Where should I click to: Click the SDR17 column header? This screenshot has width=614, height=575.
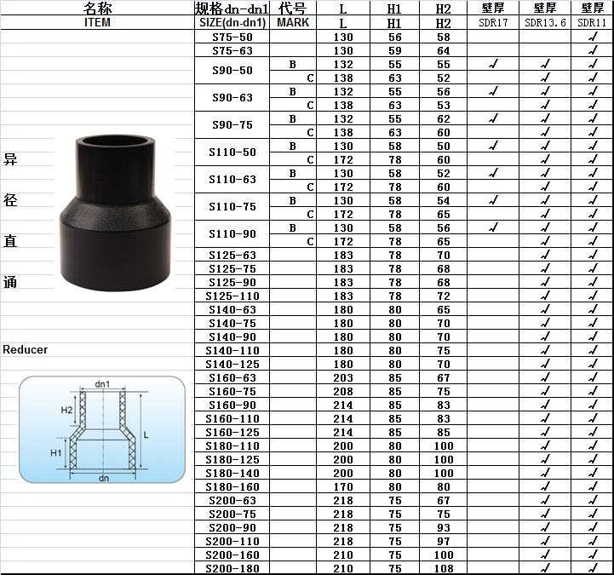point(493,23)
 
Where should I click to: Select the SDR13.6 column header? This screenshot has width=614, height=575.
point(545,23)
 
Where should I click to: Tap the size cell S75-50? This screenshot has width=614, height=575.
point(232,37)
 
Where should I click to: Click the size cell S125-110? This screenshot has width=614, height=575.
point(232,296)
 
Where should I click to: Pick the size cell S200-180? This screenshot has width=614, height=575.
point(232,568)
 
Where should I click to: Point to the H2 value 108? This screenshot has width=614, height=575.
point(444,568)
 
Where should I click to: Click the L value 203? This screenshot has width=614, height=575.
point(343,378)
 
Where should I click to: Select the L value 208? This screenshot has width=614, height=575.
point(343,391)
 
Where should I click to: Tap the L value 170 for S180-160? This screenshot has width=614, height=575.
point(343,487)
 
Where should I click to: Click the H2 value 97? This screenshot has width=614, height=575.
point(444,541)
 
